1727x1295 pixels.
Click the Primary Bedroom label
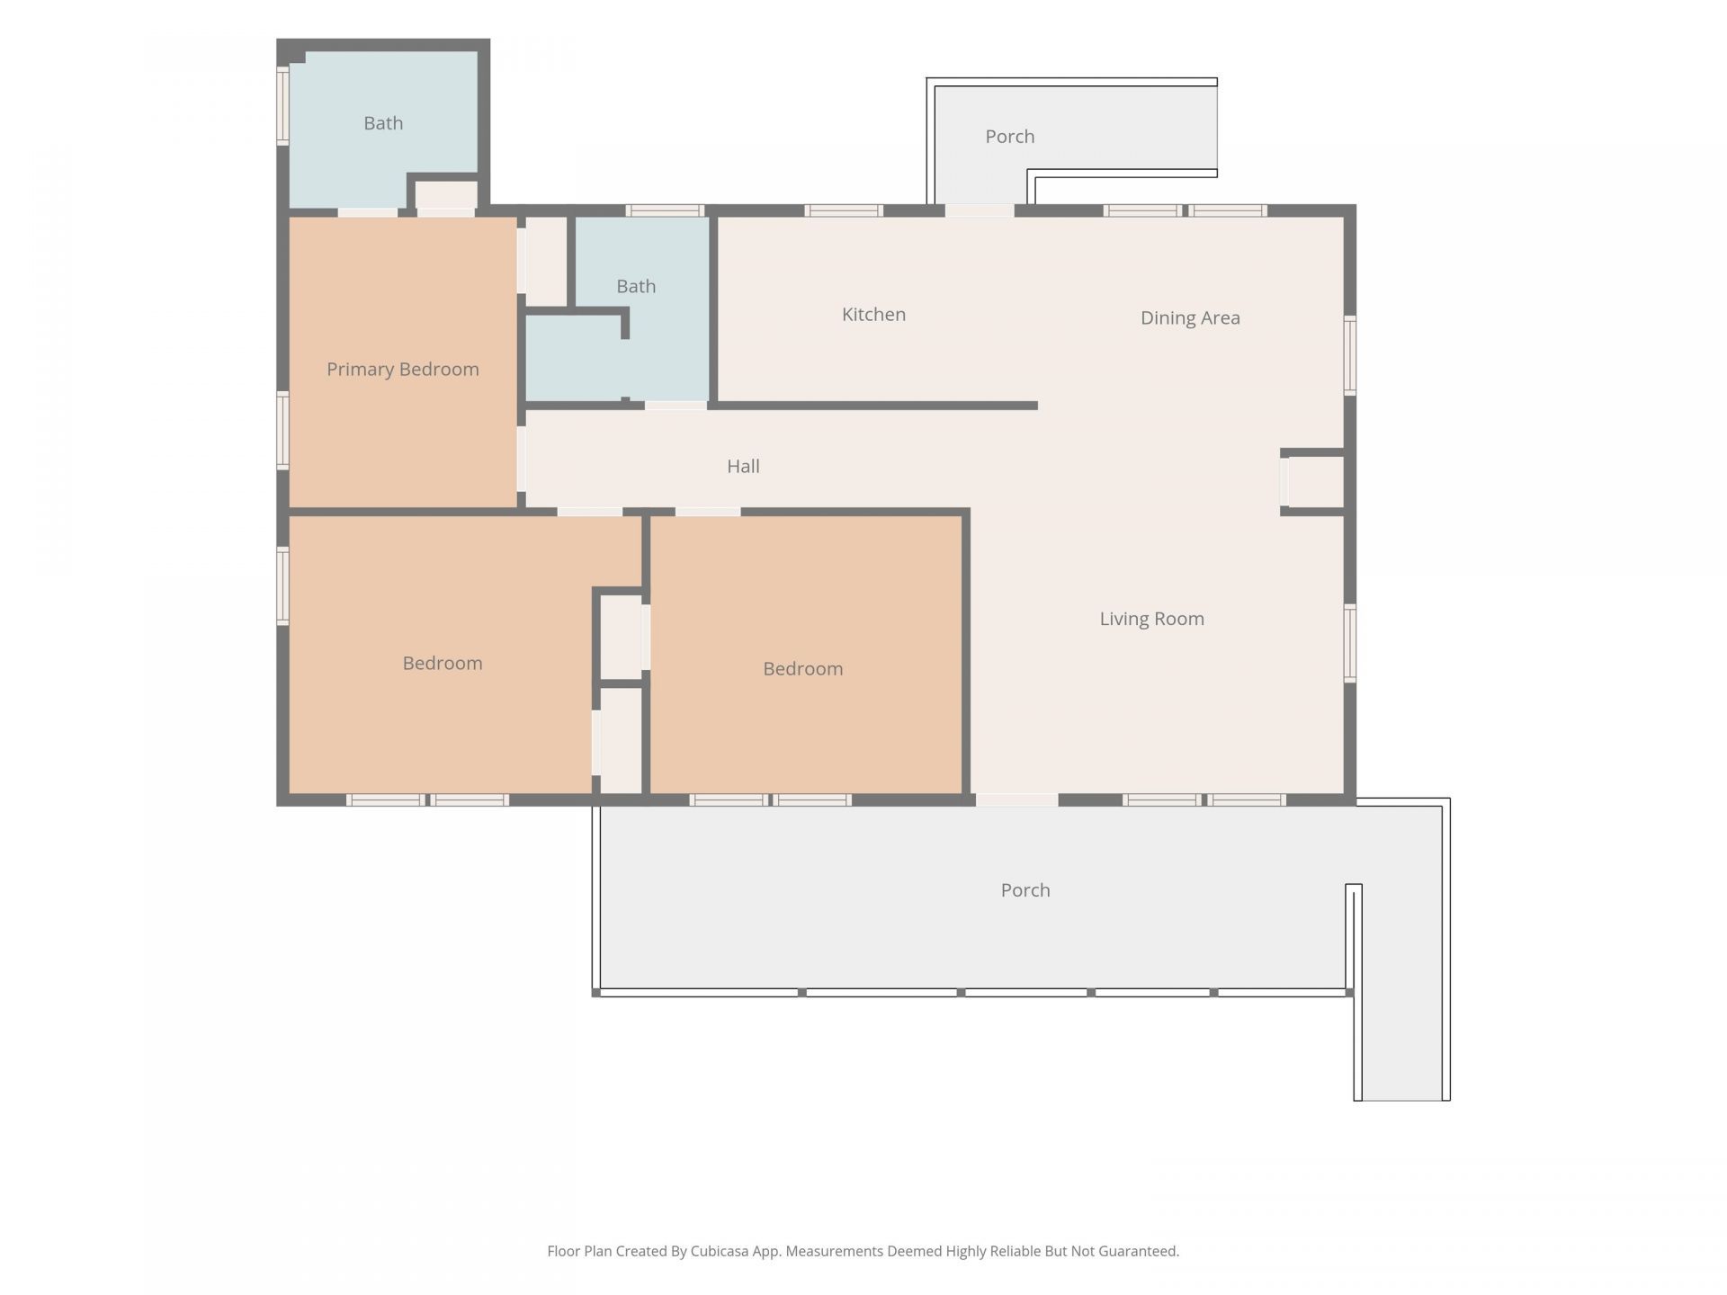pyautogui.click(x=402, y=370)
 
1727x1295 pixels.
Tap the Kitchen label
pyautogui.click(x=873, y=315)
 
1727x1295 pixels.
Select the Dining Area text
pyautogui.click(x=1190, y=317)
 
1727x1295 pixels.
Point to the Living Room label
pyautogui.click(x=1151, y=619)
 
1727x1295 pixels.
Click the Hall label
pyautogui.click(x=743, y=466)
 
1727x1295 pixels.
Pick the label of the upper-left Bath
pyautogui.click(x=383, y=123)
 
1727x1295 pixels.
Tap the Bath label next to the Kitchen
pyautogui.click(x=636, y=286)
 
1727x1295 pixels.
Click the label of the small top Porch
pyautogui.click(x=1009, y=137)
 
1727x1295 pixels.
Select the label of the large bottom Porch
pyautogui.click(x=1025, y=890)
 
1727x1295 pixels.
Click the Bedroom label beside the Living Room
pyautogui.click(x=802, y=669)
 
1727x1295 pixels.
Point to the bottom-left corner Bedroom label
pyautogui.click(x=442, y=664)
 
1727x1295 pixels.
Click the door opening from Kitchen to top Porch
pyautogui.click(x=980, y=210)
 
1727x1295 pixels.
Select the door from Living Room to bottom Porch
pyautogui.click(x=1016, y=799)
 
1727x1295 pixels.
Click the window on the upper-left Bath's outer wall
pyautogui.click(x=282, y=105)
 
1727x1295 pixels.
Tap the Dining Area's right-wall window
pyautogui.click(x=1350, y=354)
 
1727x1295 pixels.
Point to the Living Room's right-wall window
pyautogui.click(x=1350, y=643)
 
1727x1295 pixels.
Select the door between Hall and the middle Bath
pyautogui.click(x=676, y=406)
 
